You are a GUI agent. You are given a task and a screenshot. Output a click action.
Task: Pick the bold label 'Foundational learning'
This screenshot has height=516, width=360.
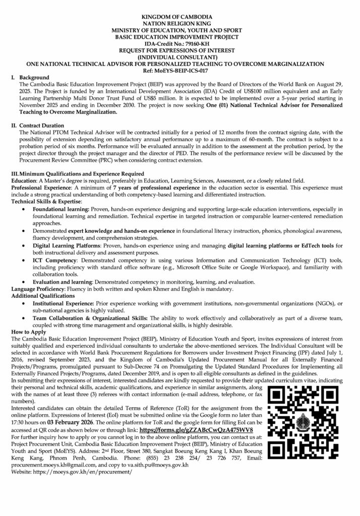[x=61, y=208]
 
